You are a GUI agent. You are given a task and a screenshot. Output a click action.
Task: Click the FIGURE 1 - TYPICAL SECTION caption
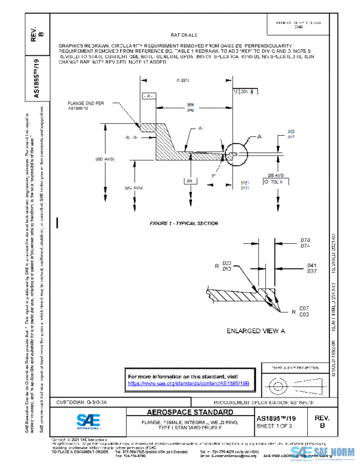tap(184, 223)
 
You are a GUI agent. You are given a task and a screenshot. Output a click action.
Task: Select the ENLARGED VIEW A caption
tap(255, 331)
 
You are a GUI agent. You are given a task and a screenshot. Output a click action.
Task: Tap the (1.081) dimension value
tap(183, 80)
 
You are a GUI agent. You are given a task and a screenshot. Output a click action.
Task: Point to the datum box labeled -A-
tap(148, 95)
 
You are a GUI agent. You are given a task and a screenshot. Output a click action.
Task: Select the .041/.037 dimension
tap(311, 267)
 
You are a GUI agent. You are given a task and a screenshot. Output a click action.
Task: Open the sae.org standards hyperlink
tap(188, 383)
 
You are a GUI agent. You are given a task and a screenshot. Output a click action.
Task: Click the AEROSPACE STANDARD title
tap(182, 413)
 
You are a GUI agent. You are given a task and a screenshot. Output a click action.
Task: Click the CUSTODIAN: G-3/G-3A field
tap(82, 401)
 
